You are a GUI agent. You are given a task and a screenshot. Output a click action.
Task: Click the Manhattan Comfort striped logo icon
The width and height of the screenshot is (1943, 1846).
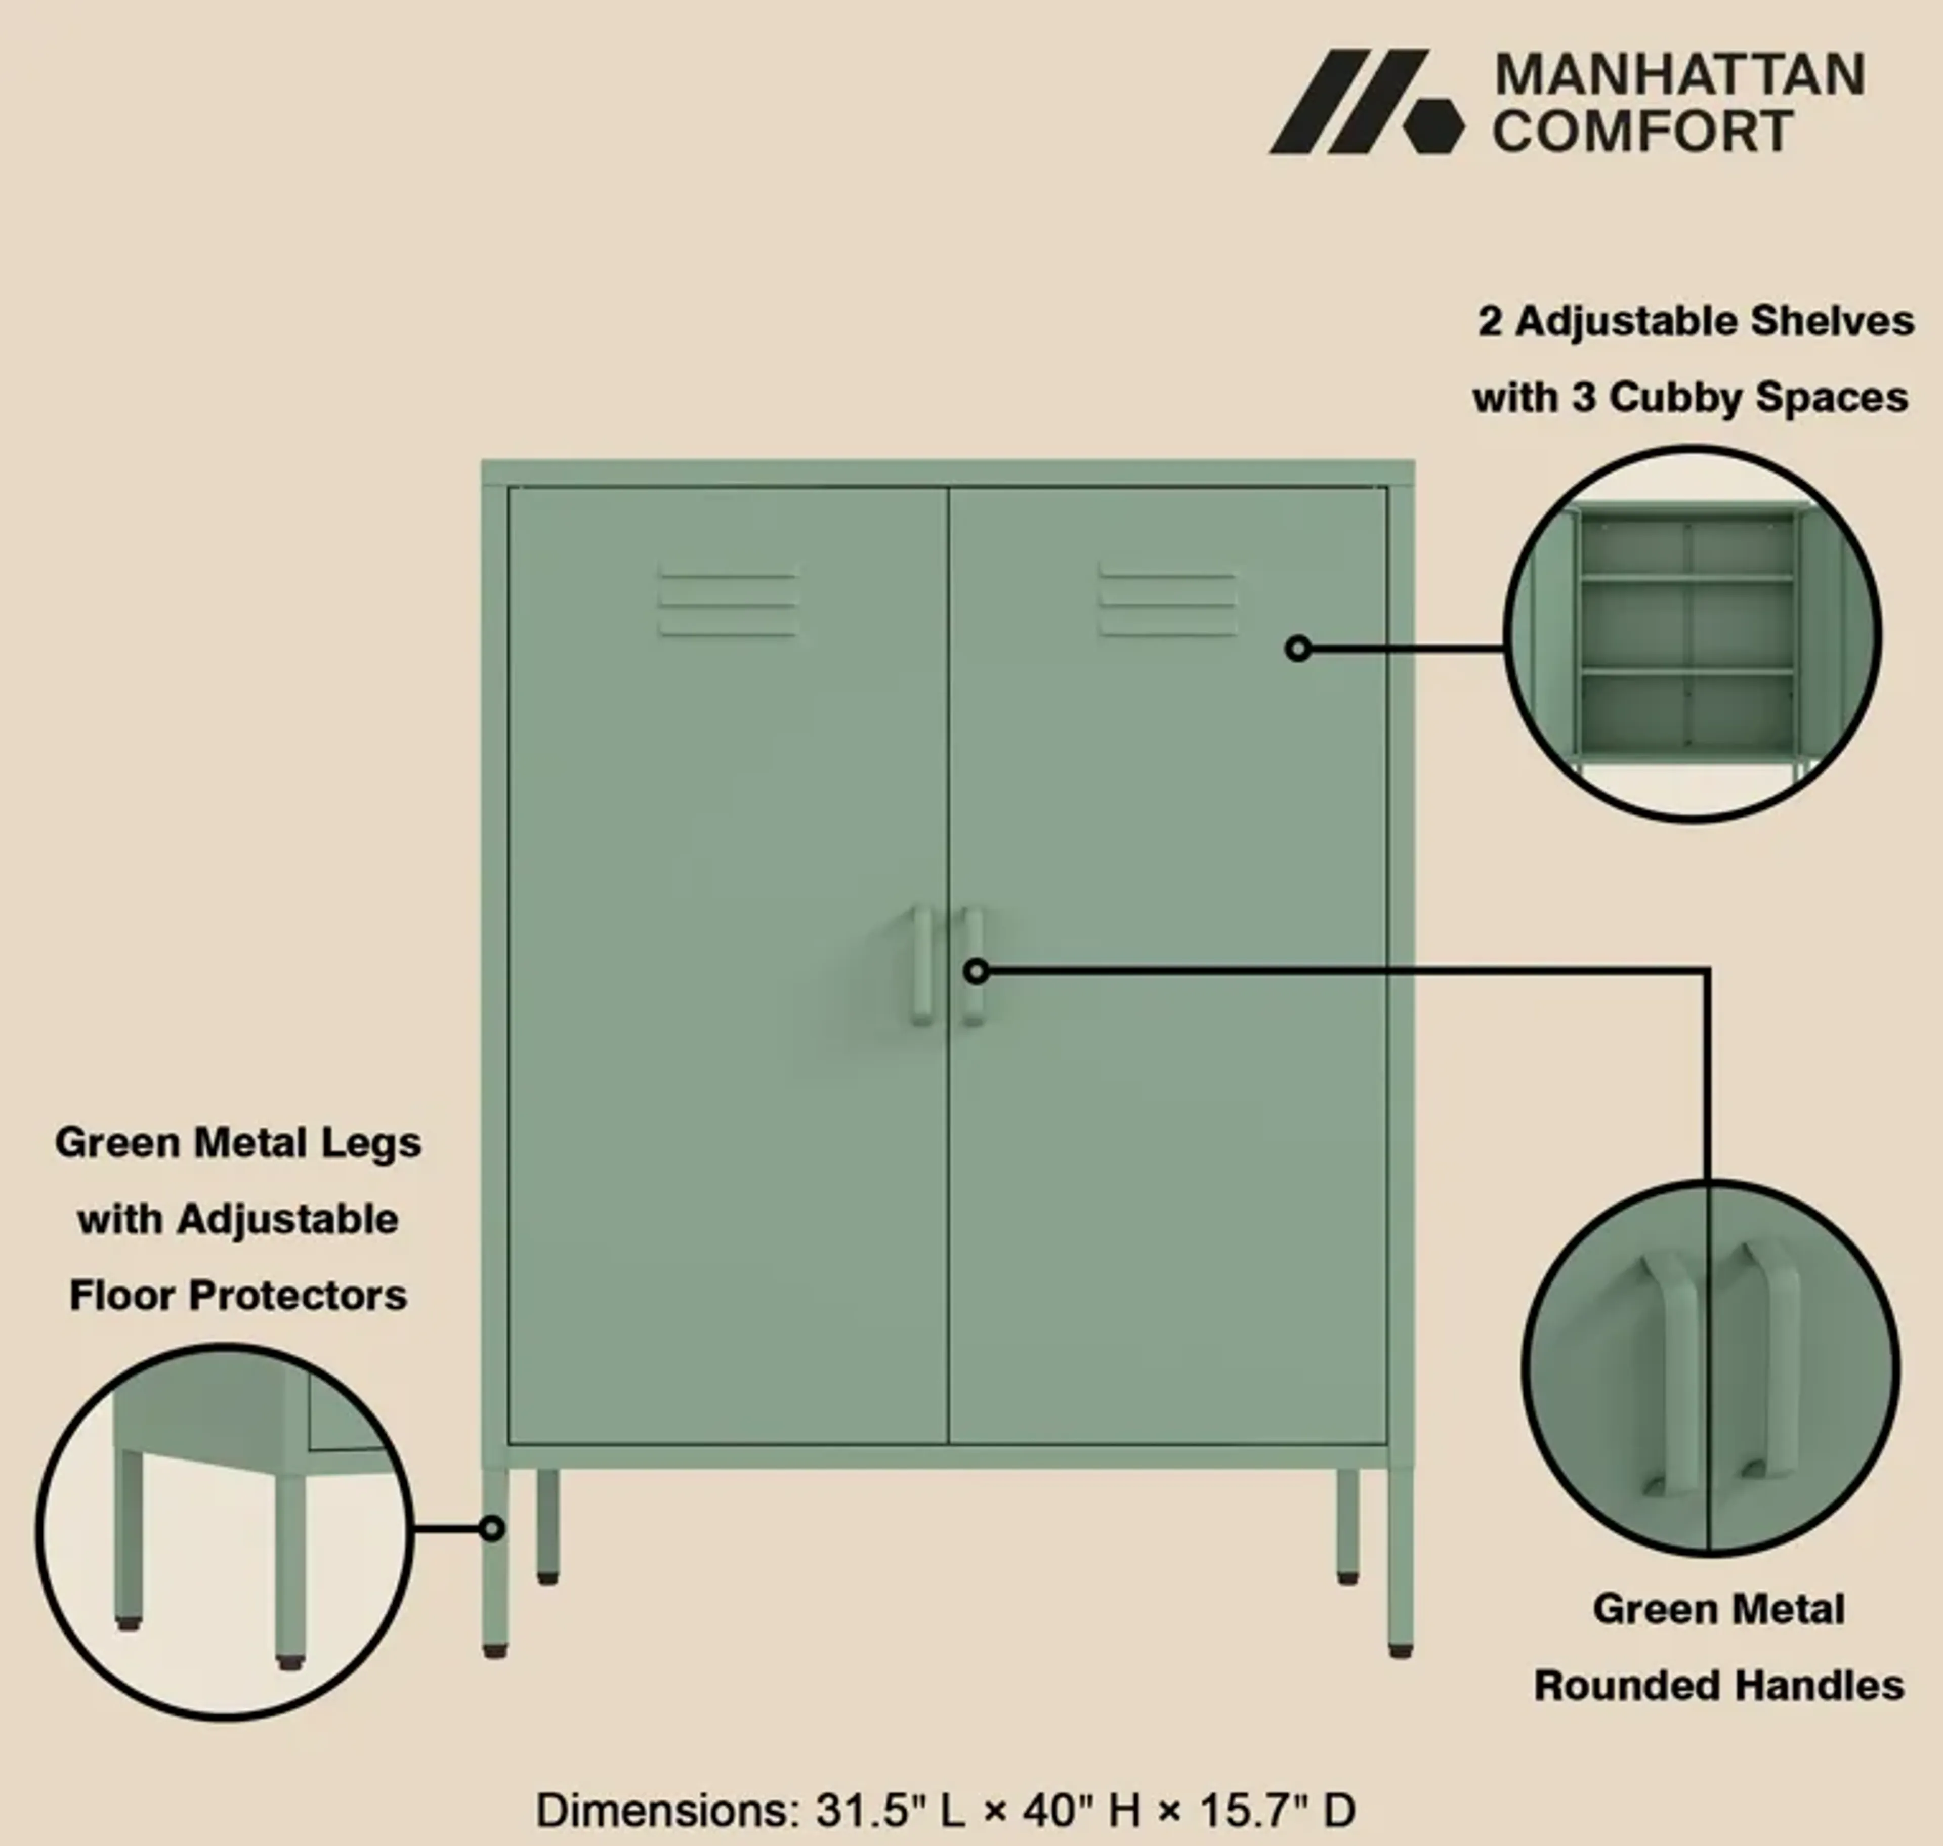coord(1366,101)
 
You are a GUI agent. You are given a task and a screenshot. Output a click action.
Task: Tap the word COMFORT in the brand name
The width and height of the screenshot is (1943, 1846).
coord(1642,131)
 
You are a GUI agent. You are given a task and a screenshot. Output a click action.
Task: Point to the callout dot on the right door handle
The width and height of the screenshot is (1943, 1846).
coord(976,971)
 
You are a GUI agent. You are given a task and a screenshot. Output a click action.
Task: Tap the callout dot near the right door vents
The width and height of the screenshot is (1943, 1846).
coord(1298,649)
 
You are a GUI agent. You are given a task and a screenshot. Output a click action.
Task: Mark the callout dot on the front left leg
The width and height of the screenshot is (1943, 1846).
coord(492,1528)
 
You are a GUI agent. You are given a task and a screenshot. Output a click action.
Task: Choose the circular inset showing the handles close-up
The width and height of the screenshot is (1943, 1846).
coord(1711,1367)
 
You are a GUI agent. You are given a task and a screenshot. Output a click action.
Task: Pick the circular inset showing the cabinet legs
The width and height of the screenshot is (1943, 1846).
coord(225,1532)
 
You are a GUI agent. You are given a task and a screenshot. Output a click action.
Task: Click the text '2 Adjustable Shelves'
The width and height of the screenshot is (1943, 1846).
coord(1695,322)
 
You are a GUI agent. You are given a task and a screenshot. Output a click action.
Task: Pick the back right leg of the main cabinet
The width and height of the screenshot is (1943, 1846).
coord(1347,1526)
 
